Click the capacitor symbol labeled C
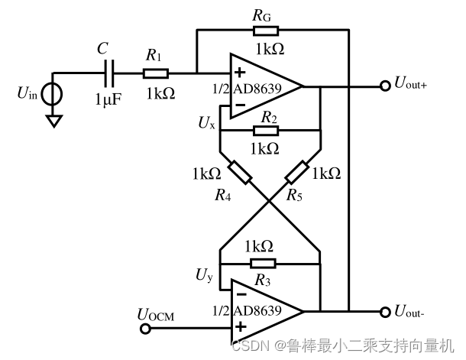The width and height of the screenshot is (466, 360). (111, 74)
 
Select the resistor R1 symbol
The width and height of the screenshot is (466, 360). (155, 74)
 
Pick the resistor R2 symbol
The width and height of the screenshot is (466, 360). (267, 130)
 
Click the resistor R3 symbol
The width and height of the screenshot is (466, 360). (264, 262)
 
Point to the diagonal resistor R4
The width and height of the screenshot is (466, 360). (239, 173)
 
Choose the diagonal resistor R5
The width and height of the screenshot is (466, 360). (298, 173)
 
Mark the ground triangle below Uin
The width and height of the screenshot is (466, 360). (53, 121)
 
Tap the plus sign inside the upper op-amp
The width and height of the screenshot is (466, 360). (239, 73)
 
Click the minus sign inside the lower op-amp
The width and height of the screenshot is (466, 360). (239, 293)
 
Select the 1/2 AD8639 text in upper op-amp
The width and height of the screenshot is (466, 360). (247, 88)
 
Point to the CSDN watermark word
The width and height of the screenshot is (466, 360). (251, 345)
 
